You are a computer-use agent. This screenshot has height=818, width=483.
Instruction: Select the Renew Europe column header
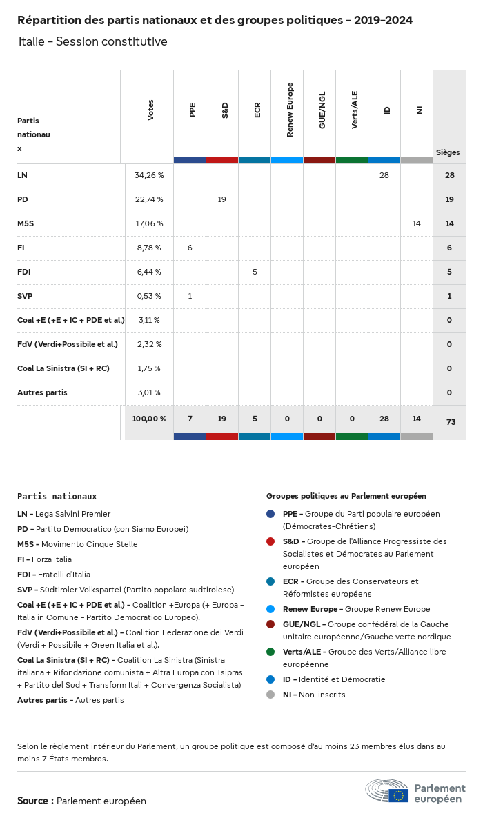tap(290, 110)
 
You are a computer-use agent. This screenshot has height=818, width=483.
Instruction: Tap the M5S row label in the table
tap(26, 223)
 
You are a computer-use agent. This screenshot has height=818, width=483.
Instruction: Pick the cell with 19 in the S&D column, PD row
tap(222, 199)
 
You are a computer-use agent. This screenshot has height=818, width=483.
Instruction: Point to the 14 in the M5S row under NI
tap(416, 223)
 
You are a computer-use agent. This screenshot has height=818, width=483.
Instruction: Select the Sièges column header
tap(448, 152)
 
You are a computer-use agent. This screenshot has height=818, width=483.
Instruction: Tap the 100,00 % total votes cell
tap(149, 419)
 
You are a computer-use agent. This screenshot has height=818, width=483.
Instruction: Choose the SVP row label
tap(25, 296)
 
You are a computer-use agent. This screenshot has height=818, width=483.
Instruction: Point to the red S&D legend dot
tap(270, 541)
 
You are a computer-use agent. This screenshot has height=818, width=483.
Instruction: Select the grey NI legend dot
tap(270, 695)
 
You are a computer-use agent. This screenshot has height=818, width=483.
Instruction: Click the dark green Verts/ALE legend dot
tap(270, 652)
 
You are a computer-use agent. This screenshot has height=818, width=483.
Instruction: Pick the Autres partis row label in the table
tap(42, 392)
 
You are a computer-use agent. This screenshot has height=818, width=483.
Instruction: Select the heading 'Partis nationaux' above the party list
tap(57, 496)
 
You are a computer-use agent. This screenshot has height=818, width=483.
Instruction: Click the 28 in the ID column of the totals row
tap(384, 419)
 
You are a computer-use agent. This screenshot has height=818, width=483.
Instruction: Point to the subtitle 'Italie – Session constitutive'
tap(93, 41)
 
